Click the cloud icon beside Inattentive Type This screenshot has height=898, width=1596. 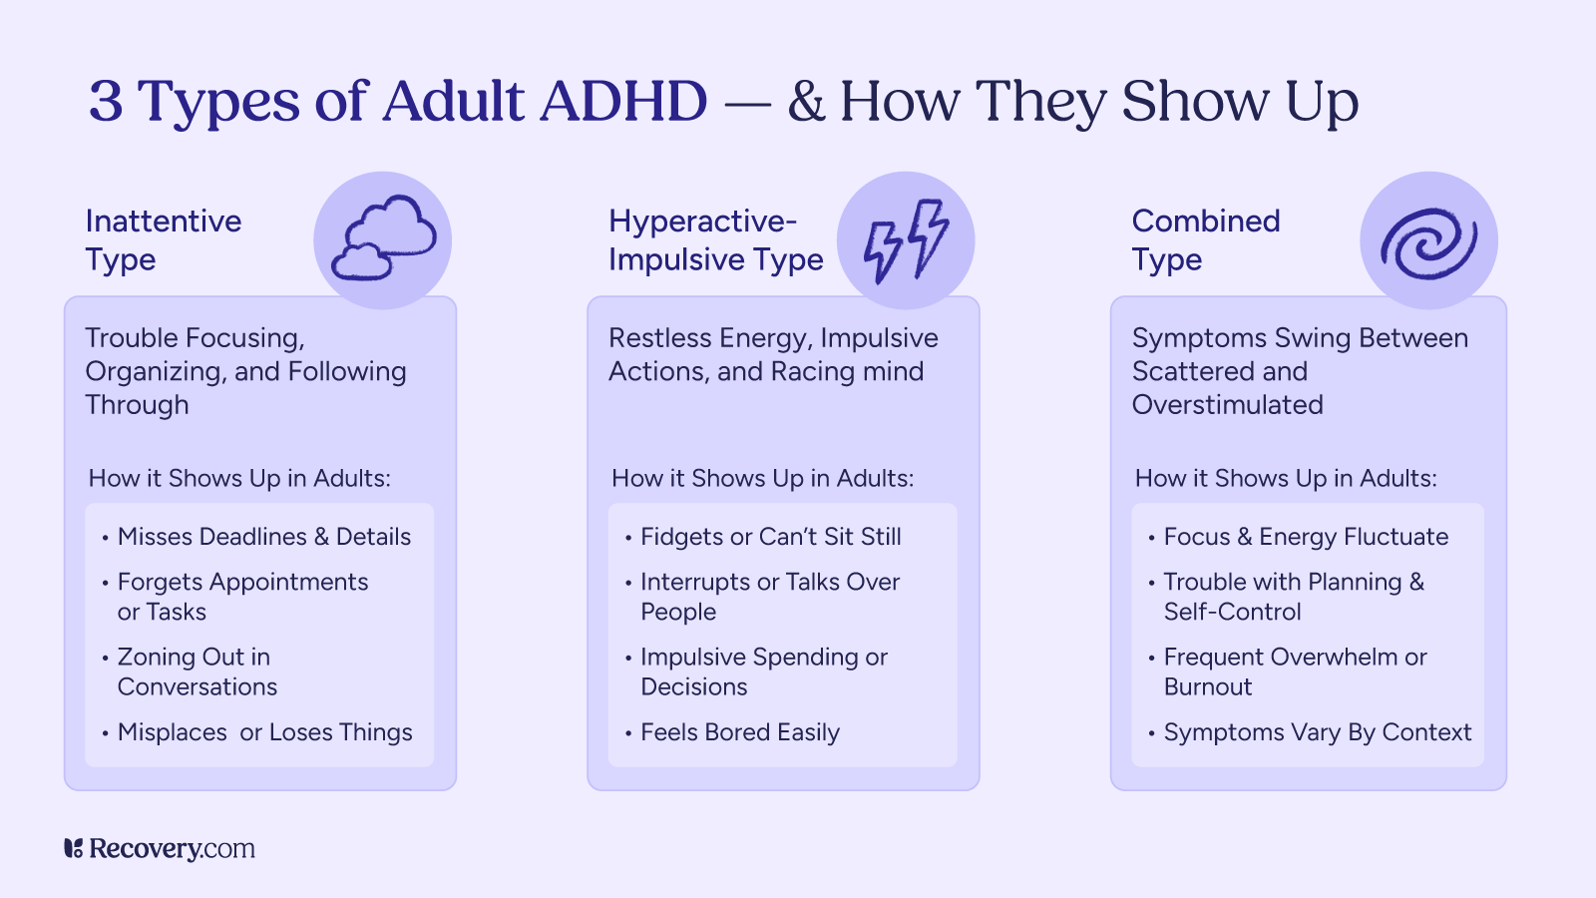pyautogui.click(x=384, y=239)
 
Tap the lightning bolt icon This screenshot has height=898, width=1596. pyautogui.click(x=906, y=240)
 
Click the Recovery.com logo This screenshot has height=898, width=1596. pyautogui.click(x=160, y=849)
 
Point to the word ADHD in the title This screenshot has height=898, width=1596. pyautogui.click(x=623, y=102)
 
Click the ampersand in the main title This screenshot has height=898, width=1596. pyautogui.click(x=806, y=102)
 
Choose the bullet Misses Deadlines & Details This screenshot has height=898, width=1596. pyautogui.click(x=263, y=537)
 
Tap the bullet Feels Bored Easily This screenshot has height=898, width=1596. pyautogui.click(x=739, y=732)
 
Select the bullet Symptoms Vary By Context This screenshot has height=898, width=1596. pyautogui.click(x=1317, y=732)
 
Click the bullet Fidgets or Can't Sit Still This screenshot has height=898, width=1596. pyautogui.click(x=770, y=537)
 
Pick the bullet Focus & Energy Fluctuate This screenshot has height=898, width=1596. pyautogui.click(x=1306, y=537)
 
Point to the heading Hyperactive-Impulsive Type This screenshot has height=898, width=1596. pyautogui.click(x=715, y=240)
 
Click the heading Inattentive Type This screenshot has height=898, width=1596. pyautogui.click(x=163, y=240)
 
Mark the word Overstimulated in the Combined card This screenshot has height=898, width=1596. pyautogui.click(x=1227, y=405)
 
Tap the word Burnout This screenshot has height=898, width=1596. pyautogui.click(x=1207, y=687)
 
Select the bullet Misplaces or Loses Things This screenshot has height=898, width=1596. pyautogui.click(x=264, y=732)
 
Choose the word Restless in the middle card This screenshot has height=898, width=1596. pyautogui.click(x=659, y=338)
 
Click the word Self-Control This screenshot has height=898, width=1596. pyautogui.click(x=1232, y=612)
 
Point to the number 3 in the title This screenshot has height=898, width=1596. pyautogui.click(x=106, y=102)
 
